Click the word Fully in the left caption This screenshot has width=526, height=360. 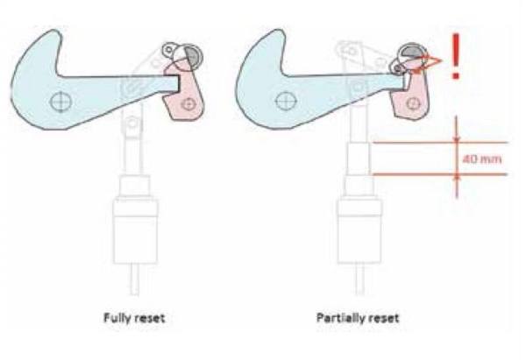[116, 318]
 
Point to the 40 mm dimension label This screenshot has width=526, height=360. [482, 159]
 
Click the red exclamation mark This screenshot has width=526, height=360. [455, 56]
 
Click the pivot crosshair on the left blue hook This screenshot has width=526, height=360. [60, 102]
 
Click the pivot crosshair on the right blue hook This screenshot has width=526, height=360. [286, 102]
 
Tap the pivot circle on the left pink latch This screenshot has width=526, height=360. [188, 104]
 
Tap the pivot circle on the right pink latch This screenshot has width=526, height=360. [413, 103]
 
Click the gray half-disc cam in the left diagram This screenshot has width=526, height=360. [193, 56]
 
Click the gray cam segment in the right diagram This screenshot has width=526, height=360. [410, 51]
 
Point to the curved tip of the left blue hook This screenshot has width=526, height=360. [53, 33]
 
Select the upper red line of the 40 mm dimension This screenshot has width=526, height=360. [440, 143]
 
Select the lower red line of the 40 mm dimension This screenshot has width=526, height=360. [440, 174]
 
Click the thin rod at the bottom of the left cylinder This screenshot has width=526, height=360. [134, 279]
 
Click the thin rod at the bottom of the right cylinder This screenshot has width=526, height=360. [359, 279]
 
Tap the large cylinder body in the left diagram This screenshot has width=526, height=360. [135, 231]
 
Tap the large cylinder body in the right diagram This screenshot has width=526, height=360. [359, 231]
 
